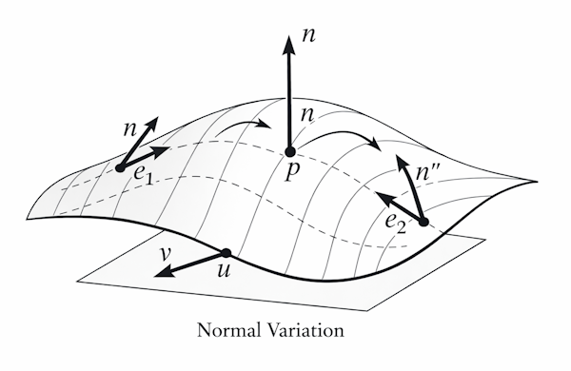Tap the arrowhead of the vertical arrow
point(289,38)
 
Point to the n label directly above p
point(307,116)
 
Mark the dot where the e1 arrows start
point(119,167)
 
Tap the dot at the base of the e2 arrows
point(423,223)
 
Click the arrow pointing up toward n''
point(410,189)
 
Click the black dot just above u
point(226,252)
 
